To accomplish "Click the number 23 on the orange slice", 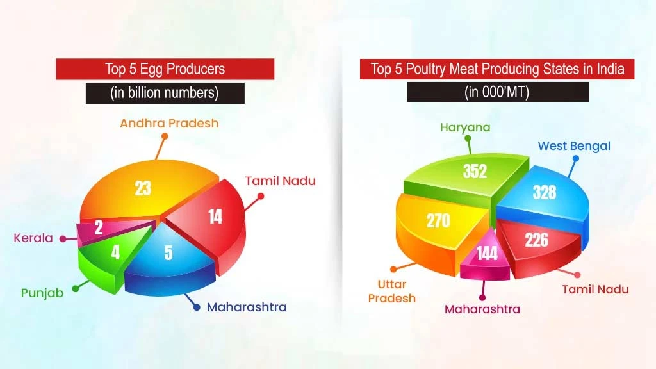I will click(x=143, y=188).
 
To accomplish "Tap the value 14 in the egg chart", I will click(x=215, y=217).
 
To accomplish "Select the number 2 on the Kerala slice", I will click(x=99, y=227).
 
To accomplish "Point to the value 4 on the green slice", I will click(x=115, y=252).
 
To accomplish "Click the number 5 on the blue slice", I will click(x=168, y=252).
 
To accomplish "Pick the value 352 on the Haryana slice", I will click(x=475, y=171).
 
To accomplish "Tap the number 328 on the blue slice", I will click(x=544, y=192).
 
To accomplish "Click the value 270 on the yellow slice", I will click(x=438, y=220).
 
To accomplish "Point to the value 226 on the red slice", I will click(x=536, y=239).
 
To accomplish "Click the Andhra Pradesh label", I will click(x=169, y=123).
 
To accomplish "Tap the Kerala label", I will click(x=33, y=238).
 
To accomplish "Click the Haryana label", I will click(x=465, y=127).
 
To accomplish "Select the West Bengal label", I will click(x=574, y=146).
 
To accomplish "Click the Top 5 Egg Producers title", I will click(x=165, y=69).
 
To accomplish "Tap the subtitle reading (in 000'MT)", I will click(x=497, y=92).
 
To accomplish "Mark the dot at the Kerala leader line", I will click(x=63, y=238).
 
